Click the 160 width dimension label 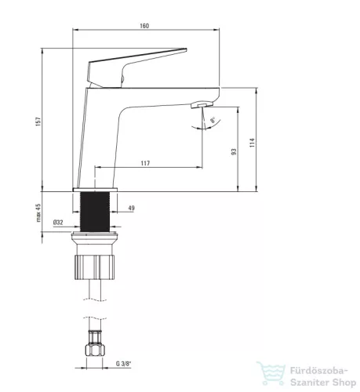(144, 26)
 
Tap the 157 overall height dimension (38, 122)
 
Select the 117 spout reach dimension (145, 163)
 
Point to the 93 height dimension (234, 151)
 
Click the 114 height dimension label (252, 143)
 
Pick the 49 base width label (132, 208)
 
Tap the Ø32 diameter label (58, 223)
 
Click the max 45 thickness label (38, 212)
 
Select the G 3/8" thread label (123, 364)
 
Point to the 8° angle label (213, 120)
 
